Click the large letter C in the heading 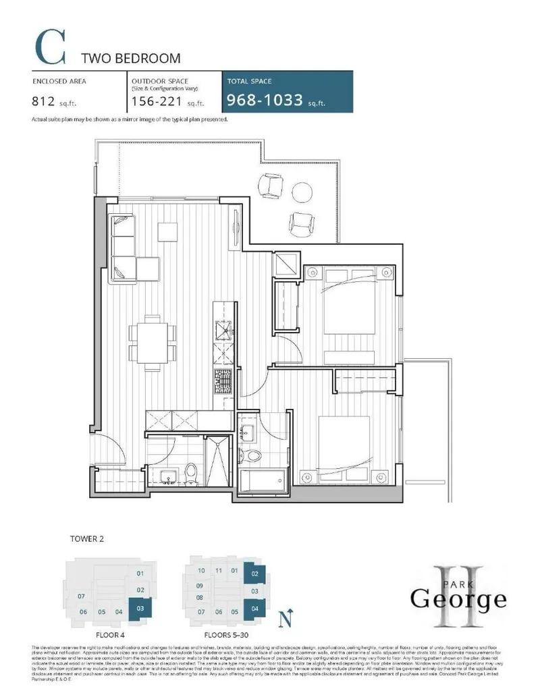click(50, 48)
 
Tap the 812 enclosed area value click(43, 103)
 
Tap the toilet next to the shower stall click(191, 472)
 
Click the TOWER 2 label click(87, 539)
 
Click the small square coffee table click(167, 230)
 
